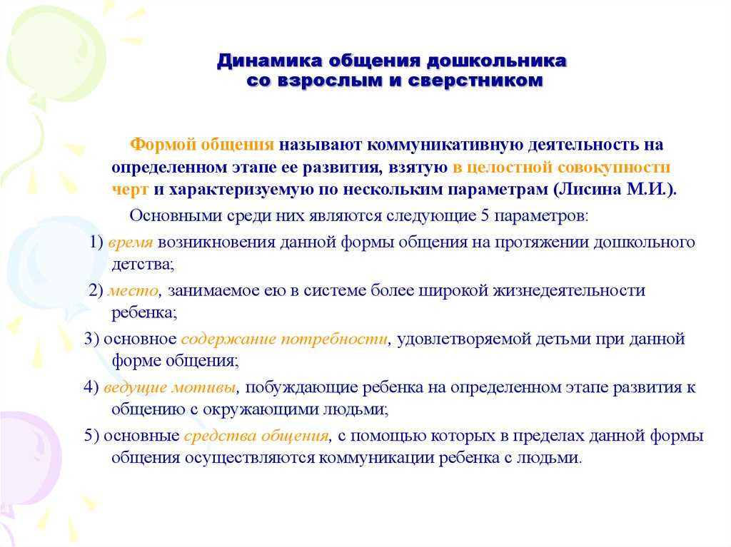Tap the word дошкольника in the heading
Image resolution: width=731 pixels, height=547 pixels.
pyautogui.click(x=497, y=61)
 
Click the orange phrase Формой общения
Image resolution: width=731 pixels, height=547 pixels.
pyautogui.click(x=202, y=145)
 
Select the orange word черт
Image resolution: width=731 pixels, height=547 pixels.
pyautogui.click(x=130, y=190)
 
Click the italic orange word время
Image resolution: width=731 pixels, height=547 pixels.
pyautogui.click(x=131, y=242)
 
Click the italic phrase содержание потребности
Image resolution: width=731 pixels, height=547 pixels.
pyautogui.click(x=284, y=339)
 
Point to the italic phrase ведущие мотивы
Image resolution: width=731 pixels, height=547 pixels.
pyautogui.click(x=170, y=388)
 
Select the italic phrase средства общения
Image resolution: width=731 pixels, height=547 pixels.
pyautogui.click(x=256, y=436)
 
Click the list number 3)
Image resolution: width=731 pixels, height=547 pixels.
pyautogui.click(x=91, y=339)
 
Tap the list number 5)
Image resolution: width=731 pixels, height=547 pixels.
pyautogui.click(x=91, y=436)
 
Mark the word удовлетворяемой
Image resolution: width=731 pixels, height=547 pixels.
pyautogui.click(x=463, y=339)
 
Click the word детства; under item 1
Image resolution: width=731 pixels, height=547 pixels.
pyautogui.click(x=143, y=265)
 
